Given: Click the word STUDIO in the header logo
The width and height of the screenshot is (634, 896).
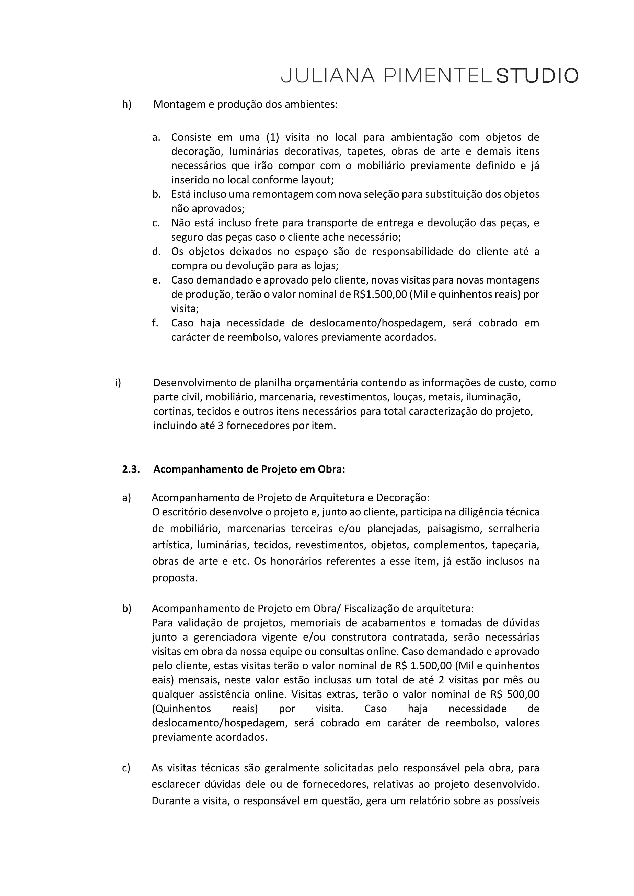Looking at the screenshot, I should [x=537, y=76].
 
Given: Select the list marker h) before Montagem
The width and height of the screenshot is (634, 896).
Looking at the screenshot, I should [x=127, y=104].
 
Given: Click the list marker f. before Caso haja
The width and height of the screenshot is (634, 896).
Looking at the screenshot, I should [x=155, y=323].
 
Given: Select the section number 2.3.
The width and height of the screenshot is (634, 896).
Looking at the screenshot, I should [x=131, y=469].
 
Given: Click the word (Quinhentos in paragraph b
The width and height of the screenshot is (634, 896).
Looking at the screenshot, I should [x=181, y=708].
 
